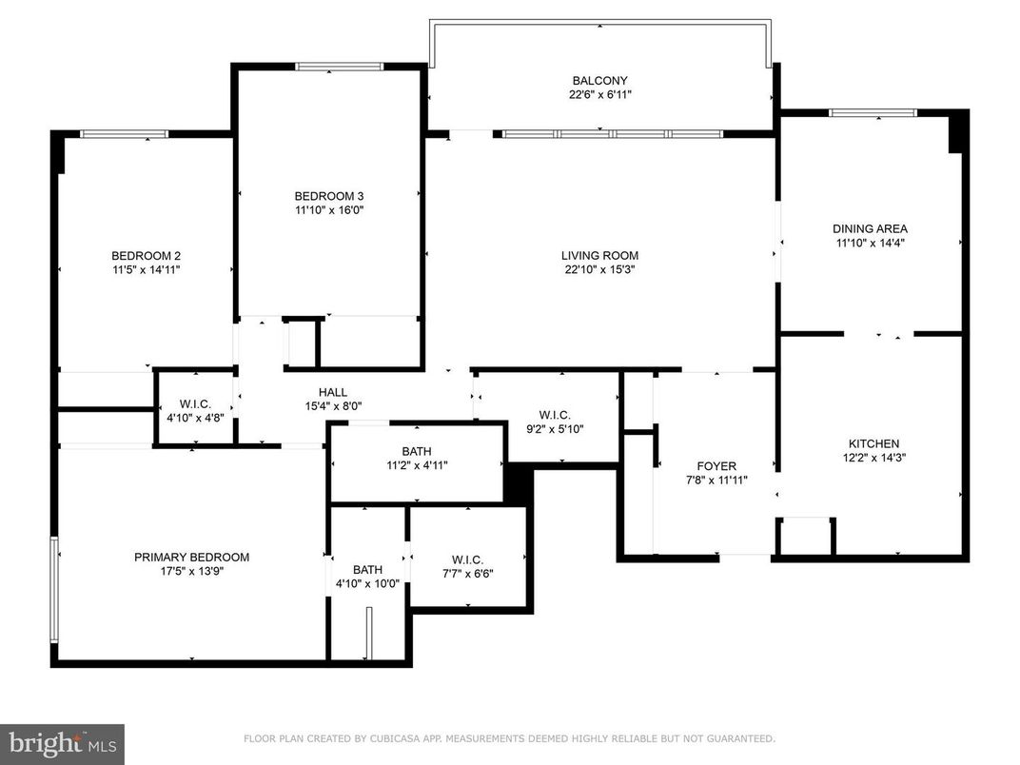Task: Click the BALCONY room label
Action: [599, 81]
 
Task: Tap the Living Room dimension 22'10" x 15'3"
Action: [599, 269]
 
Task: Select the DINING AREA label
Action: [870, 228]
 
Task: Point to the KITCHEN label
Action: [873, 443]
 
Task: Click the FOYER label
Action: [716, 466]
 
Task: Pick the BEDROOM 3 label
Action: [328, 196]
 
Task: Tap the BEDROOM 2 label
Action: [146, 256]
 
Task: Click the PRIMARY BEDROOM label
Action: [191, 558]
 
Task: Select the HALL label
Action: [332, 392]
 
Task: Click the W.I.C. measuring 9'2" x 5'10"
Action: [554, 415]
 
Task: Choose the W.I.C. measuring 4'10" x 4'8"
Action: [195, 404]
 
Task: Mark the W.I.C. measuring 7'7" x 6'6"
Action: [466, 559]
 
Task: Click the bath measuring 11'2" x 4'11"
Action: [416, 451]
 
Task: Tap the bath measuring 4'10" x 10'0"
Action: [367, 570]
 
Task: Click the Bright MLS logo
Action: [62, 743]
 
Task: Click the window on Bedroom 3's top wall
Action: [339, 67]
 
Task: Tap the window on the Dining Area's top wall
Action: [872, 113]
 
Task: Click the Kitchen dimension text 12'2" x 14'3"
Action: [873, 458]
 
